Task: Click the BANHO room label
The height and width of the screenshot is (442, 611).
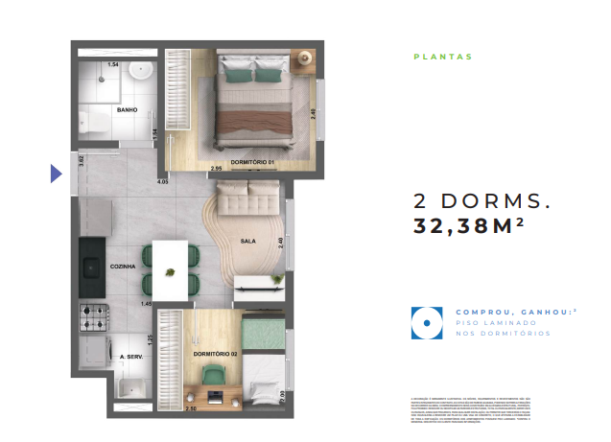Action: tap(127, 110)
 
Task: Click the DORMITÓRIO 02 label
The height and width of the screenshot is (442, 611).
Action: tap(214, 355)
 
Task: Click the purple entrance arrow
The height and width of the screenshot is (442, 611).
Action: tap(56, 174)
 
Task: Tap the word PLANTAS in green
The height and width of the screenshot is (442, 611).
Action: tap(443, 57)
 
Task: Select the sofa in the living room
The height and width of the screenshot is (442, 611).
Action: tap(248, 199)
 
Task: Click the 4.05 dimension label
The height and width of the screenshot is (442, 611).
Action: tap(162, 181)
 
